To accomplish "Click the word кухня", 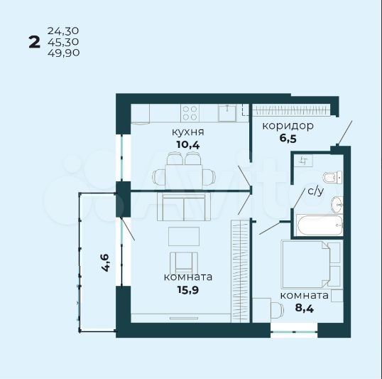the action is (188, 132).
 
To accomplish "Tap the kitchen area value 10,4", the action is (188, 145).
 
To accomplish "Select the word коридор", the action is (288, 127).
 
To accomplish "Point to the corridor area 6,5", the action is (288, 139).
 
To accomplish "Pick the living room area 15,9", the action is (188, 290).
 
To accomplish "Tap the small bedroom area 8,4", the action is (305, 308).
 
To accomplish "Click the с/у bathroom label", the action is (316, 191).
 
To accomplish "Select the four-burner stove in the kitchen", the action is (190, 113).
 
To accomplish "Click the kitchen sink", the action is (227, 112).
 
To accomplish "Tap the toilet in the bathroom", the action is (332, 177).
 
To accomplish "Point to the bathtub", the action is (320, 225).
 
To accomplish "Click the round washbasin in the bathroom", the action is (337, 205).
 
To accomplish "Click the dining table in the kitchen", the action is (184, 176).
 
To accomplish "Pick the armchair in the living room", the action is (184, 262).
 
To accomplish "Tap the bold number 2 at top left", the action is (34, 42).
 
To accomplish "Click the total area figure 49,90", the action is (64, 53).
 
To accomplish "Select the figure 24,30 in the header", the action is (63, 31).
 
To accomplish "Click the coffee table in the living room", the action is (184, 236).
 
